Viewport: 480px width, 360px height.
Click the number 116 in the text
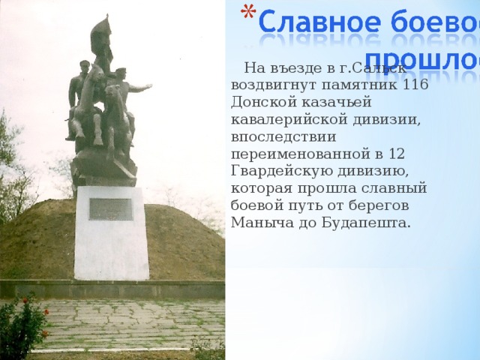coord(415,84)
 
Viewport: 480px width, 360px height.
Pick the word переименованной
coord(302,154)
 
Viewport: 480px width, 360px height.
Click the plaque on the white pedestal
coord(111,208)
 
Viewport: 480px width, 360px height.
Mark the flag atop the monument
coord(100,34)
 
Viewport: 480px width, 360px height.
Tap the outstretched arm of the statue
coord(141,88)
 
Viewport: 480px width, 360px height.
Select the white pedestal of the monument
coord(112,240)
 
